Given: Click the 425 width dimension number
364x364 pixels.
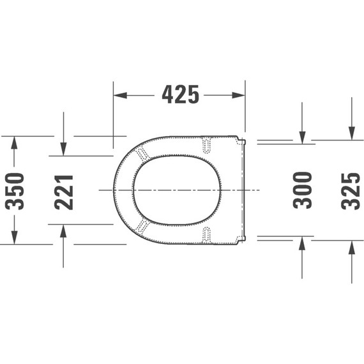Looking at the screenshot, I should pyautogui.click(x=180, y=95).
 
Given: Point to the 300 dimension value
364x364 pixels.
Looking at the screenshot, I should pyautogui.click(x=302, y=190).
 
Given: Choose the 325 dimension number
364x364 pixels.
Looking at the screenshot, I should pyautogui.click(x=351, y=190).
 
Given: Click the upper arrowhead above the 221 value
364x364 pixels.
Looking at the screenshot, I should pyautogui.click(x=63, y=149).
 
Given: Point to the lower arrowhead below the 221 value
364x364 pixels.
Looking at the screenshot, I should pyautogui.click(x=63, y=231).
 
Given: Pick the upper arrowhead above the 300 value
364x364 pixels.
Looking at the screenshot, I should pyautogui.click(x=302, y=138).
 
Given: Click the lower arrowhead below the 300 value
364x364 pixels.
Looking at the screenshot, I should pyautogui.click(x=302, y=243).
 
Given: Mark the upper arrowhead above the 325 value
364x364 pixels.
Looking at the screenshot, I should pyautogui.click(x=351, y=133).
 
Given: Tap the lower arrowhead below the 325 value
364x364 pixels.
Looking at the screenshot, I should pyautogui.click(x=351, y=247).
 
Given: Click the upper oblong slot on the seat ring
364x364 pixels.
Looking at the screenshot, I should pyautogui.click(x=206, y=145).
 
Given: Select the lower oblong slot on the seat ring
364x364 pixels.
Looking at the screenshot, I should pyautogui.click(x=206, y=234).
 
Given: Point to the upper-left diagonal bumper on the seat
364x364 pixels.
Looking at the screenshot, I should pyautogui.click(x=142, y=153).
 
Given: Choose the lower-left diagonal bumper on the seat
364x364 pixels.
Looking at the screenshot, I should pyautogui.click(x=142, y=227).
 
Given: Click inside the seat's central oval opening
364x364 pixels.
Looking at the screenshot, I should pyautogui.click(x=177, y=190).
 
